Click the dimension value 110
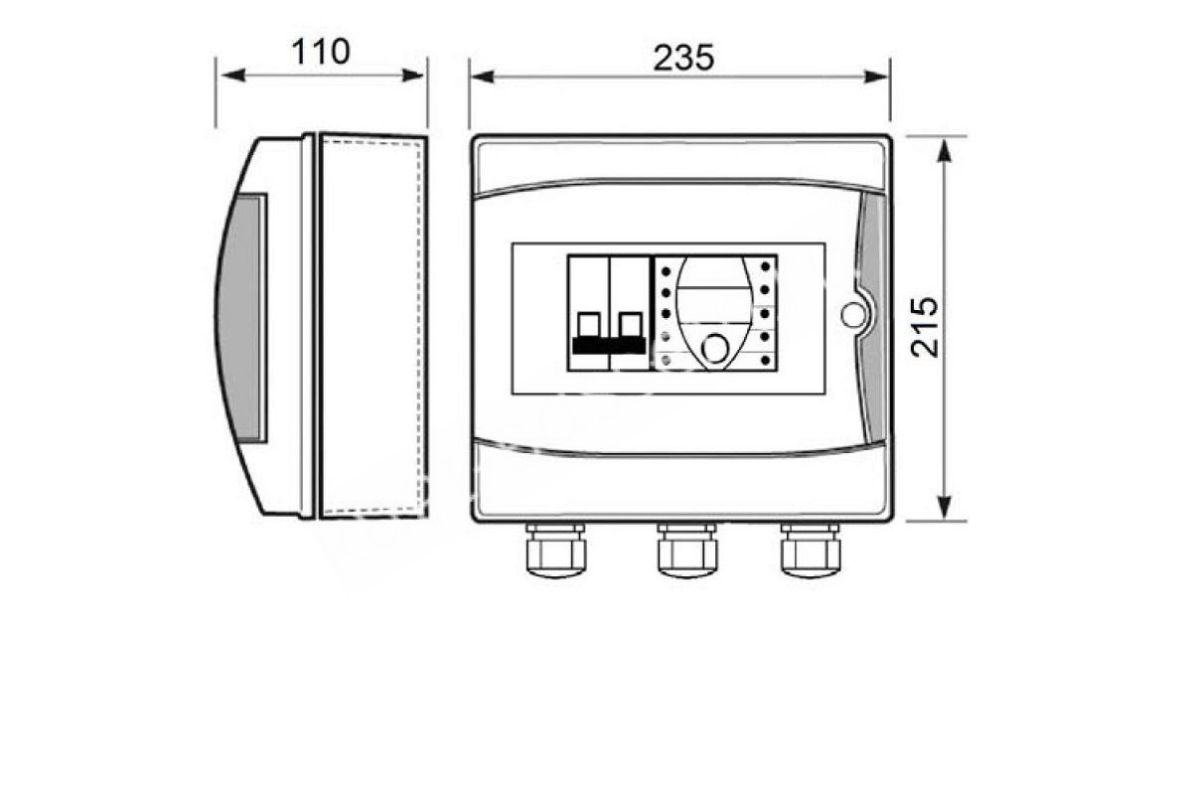(x=320, y=52)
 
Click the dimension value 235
(x=683, y=58)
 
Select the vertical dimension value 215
(x=925, y=327)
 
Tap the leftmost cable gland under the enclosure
(x=555, y=550)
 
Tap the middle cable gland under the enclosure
(x=687, y=550)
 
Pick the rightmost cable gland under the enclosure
(x=811, y=550)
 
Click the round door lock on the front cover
(x=853, y=314)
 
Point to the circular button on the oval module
(x=714, y=348)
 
